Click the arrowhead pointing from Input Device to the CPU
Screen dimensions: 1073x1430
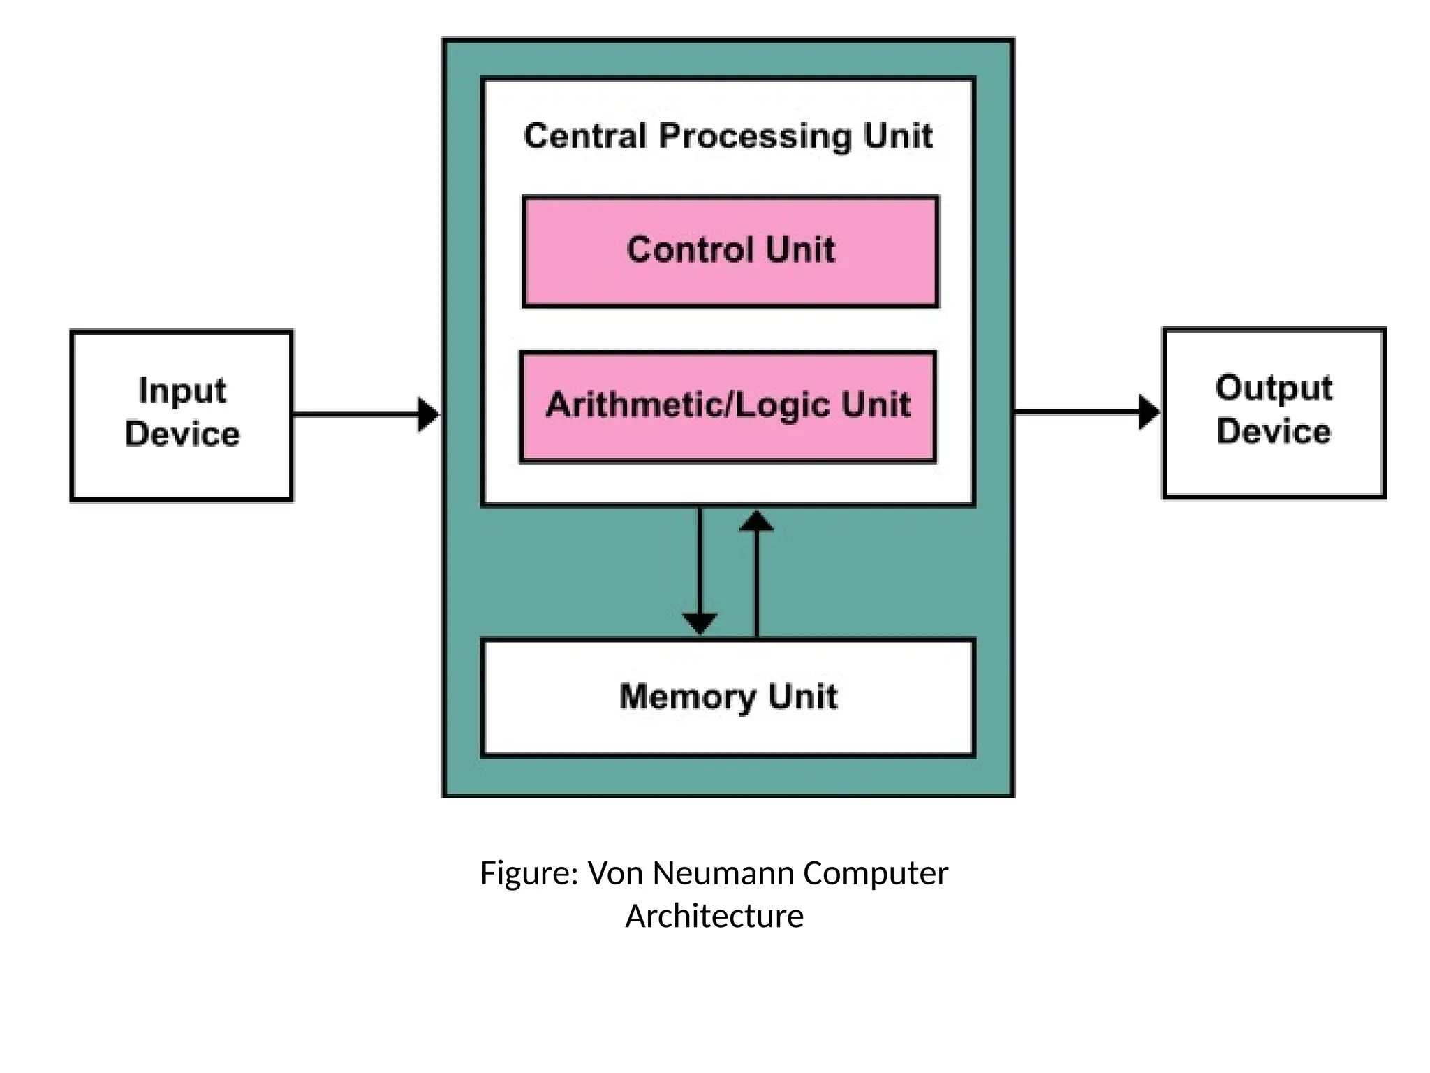point(428,415)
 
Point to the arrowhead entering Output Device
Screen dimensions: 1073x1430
point(1149,412)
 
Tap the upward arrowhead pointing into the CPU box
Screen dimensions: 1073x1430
point(756,521)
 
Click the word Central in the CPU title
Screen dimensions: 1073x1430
point(585,136)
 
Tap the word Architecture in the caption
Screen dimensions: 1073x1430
point(714,916)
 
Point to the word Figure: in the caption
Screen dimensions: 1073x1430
point(529,874)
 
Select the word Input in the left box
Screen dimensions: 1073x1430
point(182,390)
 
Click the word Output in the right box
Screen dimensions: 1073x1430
point(1274,388)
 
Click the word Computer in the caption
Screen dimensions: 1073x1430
point(876,874)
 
